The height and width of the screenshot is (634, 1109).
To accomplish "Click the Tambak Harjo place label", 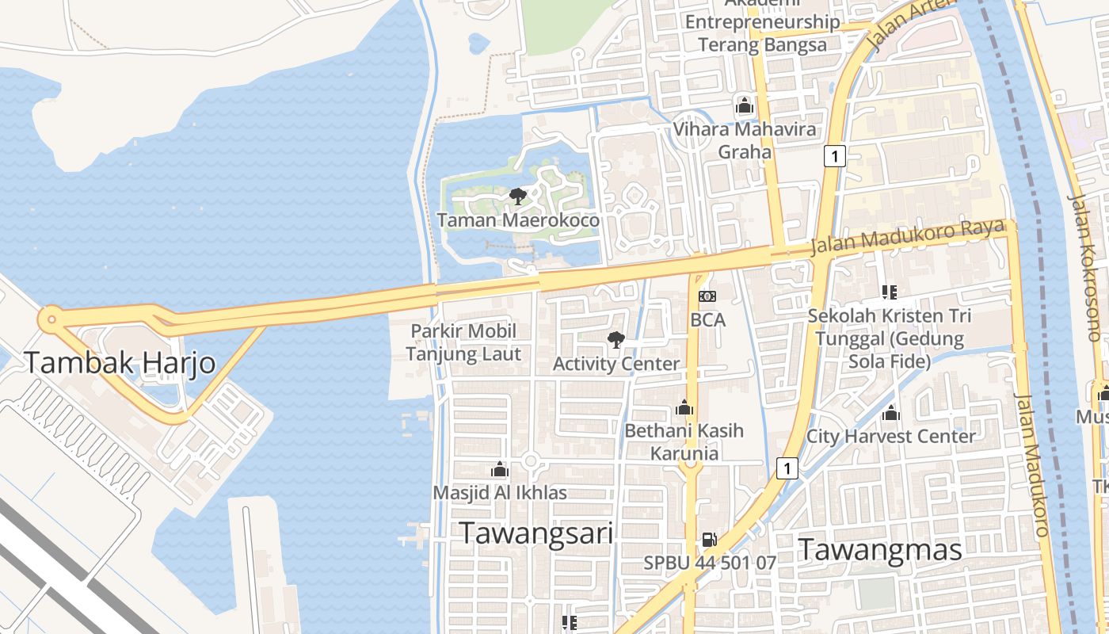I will pyautogui.click(x=120, y=363).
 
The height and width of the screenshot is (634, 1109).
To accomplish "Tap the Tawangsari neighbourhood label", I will pyautogui.click(x=536, y=533).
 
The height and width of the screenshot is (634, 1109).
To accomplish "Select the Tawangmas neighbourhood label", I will pyautogui.click(x=879, y=549).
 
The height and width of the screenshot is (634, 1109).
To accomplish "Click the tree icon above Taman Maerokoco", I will pyautogui.click(x=518, y=196).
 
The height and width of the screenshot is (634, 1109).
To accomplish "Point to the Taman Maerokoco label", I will pyautogui.click(x=518, y=220).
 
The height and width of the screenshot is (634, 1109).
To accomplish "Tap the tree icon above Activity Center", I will pyautogui.click(x=615, y=341).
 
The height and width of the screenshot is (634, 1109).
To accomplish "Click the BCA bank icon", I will pyautogui.click(x=707, y=296).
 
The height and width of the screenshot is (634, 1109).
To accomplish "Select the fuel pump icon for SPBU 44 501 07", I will pyautogui.click(x=709, y=540).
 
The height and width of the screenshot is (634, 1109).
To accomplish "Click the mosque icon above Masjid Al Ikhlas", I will pyautogui.click(x=499, y=470).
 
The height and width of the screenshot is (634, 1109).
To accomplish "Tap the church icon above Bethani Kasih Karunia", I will pyautogui.click(x=684, y=408).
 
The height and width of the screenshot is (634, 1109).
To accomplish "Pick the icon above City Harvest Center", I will pyautogui.click(x=891, y=414).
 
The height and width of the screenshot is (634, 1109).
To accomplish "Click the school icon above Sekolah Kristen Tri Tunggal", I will pyautogui.click(x=889, y=292).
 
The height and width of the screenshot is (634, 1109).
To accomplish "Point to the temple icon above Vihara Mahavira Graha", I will pyautogui.click(x=744, y=105).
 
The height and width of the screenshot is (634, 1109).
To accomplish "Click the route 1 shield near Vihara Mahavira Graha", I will pyautogui.click(x=834, y=156).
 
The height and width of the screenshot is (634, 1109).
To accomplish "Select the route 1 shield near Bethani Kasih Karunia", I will pyautogui.click(x=787, y=469).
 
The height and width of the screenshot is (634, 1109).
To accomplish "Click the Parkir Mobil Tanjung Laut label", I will pyautogui.click(x=463, y=342).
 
